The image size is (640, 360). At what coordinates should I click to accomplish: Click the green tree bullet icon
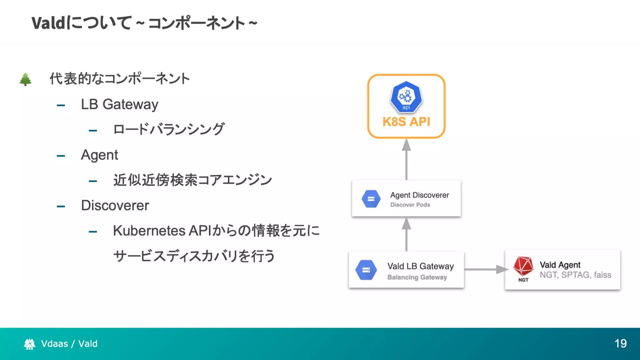click(25, 79)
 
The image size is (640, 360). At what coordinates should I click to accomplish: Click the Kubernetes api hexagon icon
click(406, 97)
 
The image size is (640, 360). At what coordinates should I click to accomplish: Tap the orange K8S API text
click(406, 122)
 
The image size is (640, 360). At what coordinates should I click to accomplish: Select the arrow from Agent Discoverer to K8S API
click(406, 159)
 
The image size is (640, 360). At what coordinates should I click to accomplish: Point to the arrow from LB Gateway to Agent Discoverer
click(406, 234)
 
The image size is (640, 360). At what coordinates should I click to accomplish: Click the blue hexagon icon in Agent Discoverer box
click(371, 199)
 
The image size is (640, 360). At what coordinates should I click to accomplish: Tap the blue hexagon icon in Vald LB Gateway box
click(366, 270)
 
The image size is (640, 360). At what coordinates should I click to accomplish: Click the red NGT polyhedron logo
click(523, 267)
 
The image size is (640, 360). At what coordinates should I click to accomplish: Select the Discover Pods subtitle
click(410, 205)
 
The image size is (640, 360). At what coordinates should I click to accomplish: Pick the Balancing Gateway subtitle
click(417, 277)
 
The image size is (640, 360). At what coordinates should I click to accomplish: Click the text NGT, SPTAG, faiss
click(575, 275)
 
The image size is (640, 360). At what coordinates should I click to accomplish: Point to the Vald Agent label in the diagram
click(560, 265)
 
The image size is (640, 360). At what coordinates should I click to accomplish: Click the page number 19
click(620, 343)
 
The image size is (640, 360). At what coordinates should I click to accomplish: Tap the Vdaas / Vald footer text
click(69, 343)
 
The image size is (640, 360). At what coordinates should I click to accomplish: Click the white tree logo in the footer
click(29, 344)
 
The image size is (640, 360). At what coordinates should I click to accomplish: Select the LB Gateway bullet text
click(119, 104)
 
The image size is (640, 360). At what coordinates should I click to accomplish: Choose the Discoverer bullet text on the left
click(115, 206)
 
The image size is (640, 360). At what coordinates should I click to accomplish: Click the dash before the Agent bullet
click(61, 156)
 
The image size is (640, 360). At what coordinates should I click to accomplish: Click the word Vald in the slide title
click(48, 23)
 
